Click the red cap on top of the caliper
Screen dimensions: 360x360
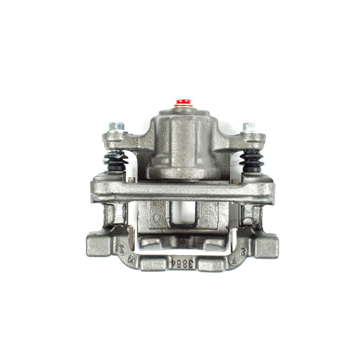[182, 102]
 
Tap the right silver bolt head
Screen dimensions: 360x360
[248, 127]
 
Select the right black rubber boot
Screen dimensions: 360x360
[251, 161]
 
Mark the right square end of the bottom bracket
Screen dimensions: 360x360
[266, 245]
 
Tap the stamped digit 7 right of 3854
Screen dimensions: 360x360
[233, 260]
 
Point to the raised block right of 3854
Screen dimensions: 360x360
[211, 264]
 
